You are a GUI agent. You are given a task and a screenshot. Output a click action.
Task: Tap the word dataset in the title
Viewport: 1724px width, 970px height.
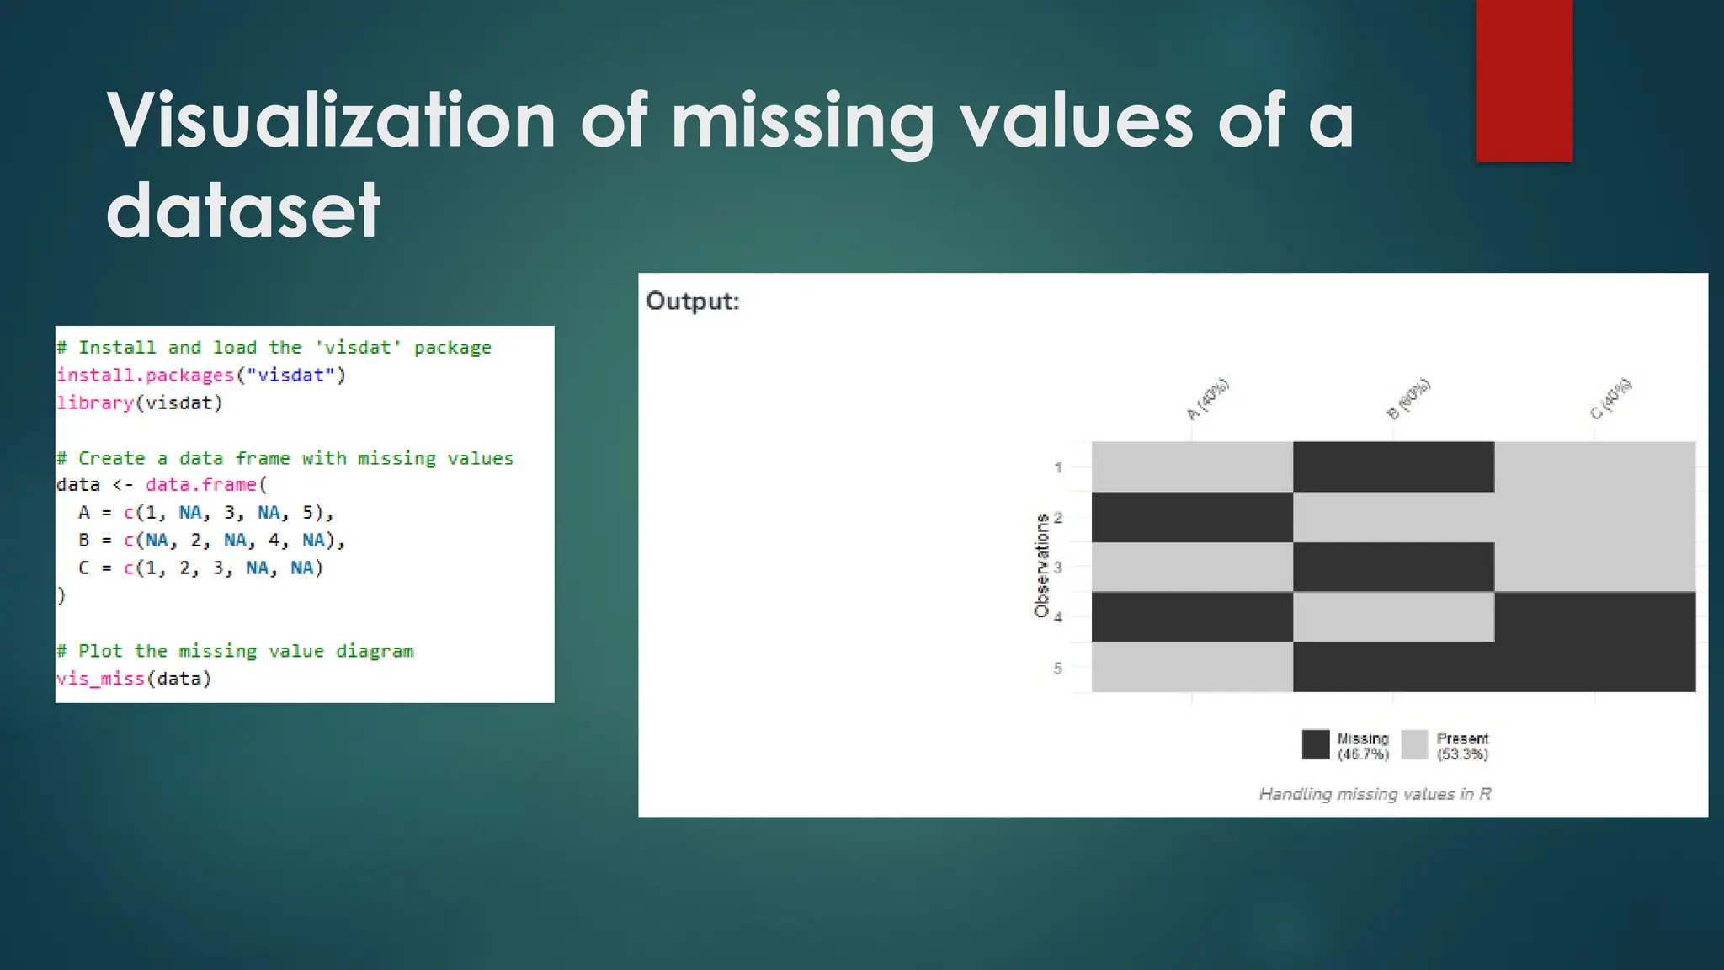click(243, 211)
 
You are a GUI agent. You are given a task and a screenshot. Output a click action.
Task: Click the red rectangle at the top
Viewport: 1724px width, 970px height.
click(1524, 80)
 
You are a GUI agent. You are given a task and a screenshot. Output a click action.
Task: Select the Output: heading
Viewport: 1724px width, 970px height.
click(693, 301)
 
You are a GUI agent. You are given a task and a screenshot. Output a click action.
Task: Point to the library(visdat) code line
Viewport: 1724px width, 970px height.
click(140, 403)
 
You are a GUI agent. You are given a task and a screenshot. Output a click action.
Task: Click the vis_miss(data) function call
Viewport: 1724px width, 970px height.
click(134, 679)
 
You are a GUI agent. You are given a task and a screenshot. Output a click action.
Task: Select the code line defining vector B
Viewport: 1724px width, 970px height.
click(211, 541)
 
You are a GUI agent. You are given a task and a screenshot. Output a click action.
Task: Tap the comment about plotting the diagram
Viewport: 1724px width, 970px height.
click(235, 651)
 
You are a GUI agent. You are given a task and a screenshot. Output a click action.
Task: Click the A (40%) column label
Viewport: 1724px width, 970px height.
click(1208, 398)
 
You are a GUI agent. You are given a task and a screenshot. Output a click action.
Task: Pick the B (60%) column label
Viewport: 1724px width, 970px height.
click(1408, 399)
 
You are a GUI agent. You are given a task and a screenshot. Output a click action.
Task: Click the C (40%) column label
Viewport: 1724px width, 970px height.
click(1610, 399)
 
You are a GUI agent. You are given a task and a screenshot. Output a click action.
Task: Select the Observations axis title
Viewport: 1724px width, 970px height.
click(1041, 566)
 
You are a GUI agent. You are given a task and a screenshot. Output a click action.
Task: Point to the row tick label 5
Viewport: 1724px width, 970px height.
click(1057, 669)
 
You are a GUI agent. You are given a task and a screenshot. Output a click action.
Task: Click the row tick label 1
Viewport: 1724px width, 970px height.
click(1057, 467)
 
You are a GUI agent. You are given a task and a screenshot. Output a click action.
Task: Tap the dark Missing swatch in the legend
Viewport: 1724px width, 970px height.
click(1316, 745)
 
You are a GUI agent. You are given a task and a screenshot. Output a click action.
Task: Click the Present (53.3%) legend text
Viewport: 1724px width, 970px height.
click(1462, 746)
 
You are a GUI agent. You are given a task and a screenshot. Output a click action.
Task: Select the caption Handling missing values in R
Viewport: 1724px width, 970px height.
click(1375, 794)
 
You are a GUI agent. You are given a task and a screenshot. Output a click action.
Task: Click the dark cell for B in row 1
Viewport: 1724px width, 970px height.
click(1393, 466)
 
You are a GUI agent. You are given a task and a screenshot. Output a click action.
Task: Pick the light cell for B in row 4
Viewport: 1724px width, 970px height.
click(1393, 616)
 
